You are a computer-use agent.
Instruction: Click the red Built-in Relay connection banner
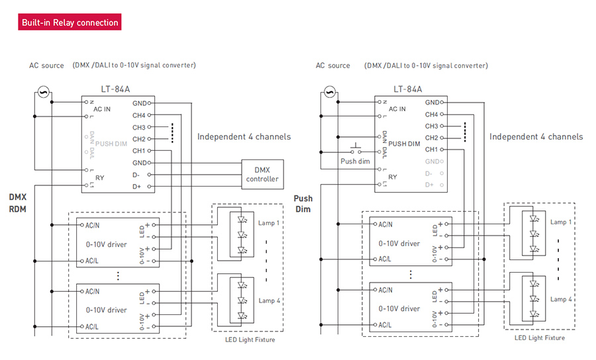70,22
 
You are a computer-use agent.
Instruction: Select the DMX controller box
263,174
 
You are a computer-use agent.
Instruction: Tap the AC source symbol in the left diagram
43,92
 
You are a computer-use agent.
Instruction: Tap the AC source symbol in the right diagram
330,91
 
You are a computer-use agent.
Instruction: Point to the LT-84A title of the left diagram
115,89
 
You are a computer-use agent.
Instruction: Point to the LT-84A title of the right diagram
407,89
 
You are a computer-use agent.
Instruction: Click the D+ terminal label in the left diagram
136,187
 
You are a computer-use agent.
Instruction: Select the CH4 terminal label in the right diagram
431,114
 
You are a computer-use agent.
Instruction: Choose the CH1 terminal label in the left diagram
139,151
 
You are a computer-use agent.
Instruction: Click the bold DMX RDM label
18,202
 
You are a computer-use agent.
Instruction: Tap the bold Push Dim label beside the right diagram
303,204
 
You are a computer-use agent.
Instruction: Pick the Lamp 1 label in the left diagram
269,223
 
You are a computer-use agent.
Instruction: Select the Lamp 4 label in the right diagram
561,299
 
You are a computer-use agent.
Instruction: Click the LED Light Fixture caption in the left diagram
250,339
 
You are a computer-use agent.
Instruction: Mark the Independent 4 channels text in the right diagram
536,137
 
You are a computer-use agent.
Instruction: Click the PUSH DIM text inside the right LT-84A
404,144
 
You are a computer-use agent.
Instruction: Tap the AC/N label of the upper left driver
92,226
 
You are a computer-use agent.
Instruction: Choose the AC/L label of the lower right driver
385,325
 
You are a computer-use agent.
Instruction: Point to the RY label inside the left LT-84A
99,178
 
